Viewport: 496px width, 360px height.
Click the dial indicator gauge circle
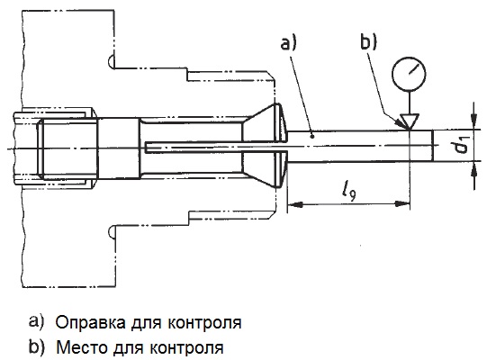pyautogui.click(x=409, y=74)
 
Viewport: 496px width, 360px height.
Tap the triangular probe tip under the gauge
pyautogui.click(x=409, y=121)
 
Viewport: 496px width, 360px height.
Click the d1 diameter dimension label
pyautogui.click(x=463, y=145)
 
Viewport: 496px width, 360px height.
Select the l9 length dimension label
pyautogui.click(x=349, y=191)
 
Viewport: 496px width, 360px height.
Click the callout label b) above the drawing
pyautogui.click(x=369, y=41)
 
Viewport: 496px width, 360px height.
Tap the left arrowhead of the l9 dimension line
pyautogui.click(x=294, y=204)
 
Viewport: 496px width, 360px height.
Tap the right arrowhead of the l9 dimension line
pyautogui.click(x=402, y=204)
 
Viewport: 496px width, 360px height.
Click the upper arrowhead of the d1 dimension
pyautogui.click(x=473, y=121)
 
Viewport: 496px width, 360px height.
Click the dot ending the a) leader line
pyautogui.click(x=312, y=136)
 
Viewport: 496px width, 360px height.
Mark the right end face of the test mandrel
pyautogui.click(x=432, y=146)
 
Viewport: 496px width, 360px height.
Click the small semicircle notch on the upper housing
pyautogui.click(x=111, y=60)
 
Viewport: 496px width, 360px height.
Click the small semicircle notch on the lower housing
pyautogui.click(x=111, y=232)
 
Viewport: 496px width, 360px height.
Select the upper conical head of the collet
pyautogui.click(x=265, y=121)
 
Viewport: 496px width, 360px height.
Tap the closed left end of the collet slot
pyautogui.click(x=146, y=148)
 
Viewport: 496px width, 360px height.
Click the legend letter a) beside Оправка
pyautogui.click(x=35, y=322)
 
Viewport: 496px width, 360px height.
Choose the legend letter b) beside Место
pyautogui.click(x=36, y=346)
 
